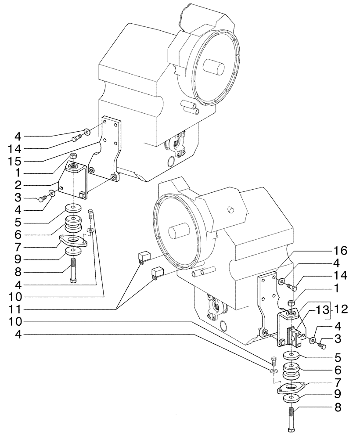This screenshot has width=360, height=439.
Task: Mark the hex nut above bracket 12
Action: click(x=290, y=303)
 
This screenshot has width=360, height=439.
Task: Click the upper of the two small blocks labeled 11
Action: click(x=144, y=257)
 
